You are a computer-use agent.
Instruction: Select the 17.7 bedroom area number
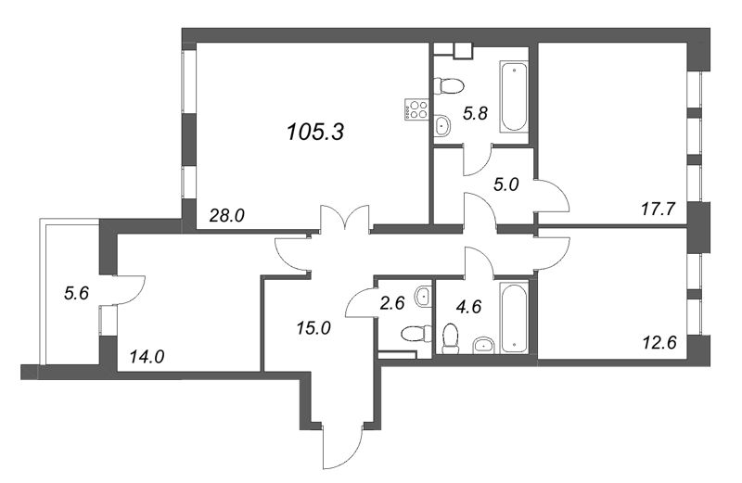pos(659,210)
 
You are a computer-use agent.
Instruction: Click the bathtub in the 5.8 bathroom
pos(513,101)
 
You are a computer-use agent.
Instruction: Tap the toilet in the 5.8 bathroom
pos(450,87)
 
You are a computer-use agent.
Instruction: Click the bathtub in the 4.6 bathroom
pos(513,316)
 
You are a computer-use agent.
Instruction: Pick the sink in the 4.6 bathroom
pos(483,347)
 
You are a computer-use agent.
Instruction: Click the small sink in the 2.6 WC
pos(422,298)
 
